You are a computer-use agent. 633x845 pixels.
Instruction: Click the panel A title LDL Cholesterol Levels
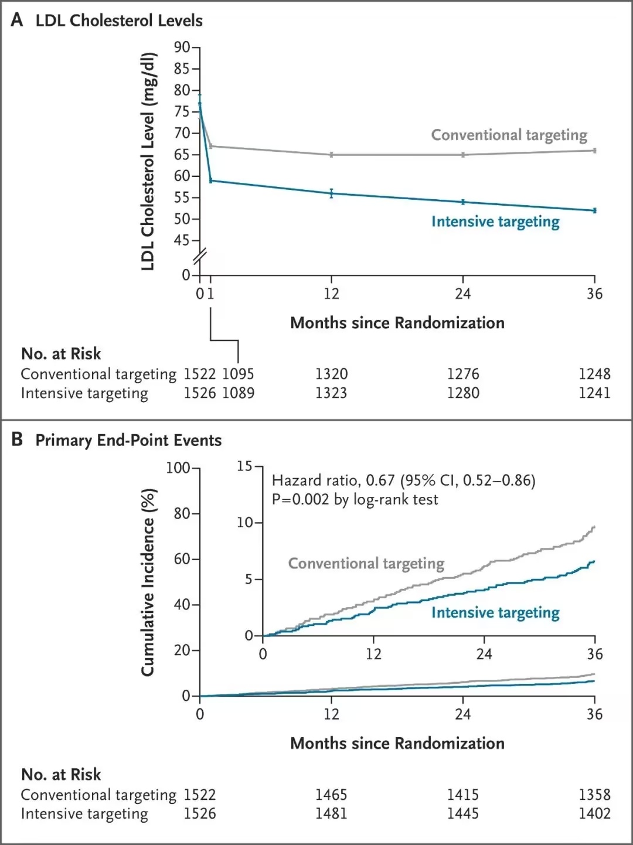click(119, 21)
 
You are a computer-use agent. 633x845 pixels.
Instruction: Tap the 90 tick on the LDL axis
click(182, 47)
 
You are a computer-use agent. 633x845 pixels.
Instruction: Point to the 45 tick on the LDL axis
click(182, 240)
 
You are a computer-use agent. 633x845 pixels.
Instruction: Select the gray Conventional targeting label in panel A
click(509, 135)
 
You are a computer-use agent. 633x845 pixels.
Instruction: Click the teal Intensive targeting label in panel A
click(495, 222)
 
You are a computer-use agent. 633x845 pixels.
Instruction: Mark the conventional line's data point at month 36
click(595, 151)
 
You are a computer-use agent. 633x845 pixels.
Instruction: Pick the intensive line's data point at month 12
click(331, 193)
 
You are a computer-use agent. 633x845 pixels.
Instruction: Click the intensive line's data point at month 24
click(463, 202)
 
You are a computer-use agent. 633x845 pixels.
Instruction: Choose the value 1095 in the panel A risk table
click(238, 374)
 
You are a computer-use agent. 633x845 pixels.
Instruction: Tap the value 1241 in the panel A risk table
click(594, 393)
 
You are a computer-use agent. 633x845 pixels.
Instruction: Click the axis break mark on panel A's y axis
click(200, 257)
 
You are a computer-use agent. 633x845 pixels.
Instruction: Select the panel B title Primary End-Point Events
click(128, 441)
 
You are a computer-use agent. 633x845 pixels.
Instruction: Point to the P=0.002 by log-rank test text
click(355, 500)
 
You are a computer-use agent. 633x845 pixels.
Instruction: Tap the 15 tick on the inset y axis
click(244, 466)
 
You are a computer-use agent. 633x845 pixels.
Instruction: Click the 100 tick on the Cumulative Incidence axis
click(178, 468)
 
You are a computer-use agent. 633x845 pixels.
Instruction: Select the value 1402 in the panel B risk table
click(594, 813)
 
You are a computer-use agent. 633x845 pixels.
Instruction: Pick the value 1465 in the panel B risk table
click(331, 795)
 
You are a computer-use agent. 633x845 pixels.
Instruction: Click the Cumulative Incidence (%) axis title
click(148, 582)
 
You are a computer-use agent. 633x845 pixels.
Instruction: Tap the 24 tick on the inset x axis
click(484, 654)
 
